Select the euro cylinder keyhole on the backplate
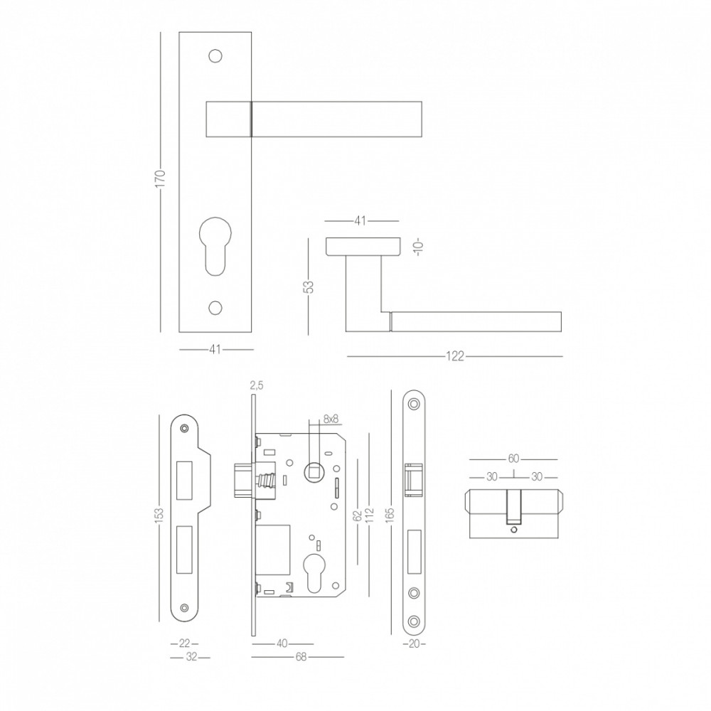(215, 247)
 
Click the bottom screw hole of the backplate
(215, 307)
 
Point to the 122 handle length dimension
(455, 357)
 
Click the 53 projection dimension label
(309, 287)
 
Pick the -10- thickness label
(419, 247)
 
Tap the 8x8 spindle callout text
(331, 419)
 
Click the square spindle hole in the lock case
(314, 471)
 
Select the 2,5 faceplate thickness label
(256, 386)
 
